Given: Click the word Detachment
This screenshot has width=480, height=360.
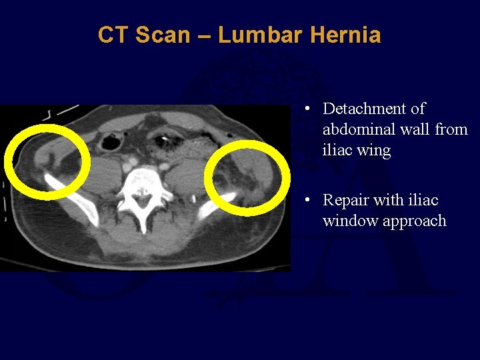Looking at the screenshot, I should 373,109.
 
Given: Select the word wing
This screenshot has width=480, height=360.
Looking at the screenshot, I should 375,151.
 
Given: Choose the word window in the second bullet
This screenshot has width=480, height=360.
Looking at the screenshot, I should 348,221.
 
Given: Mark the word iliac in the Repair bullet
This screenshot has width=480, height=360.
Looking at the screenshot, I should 423,200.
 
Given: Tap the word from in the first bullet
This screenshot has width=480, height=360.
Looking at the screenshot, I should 451,129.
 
